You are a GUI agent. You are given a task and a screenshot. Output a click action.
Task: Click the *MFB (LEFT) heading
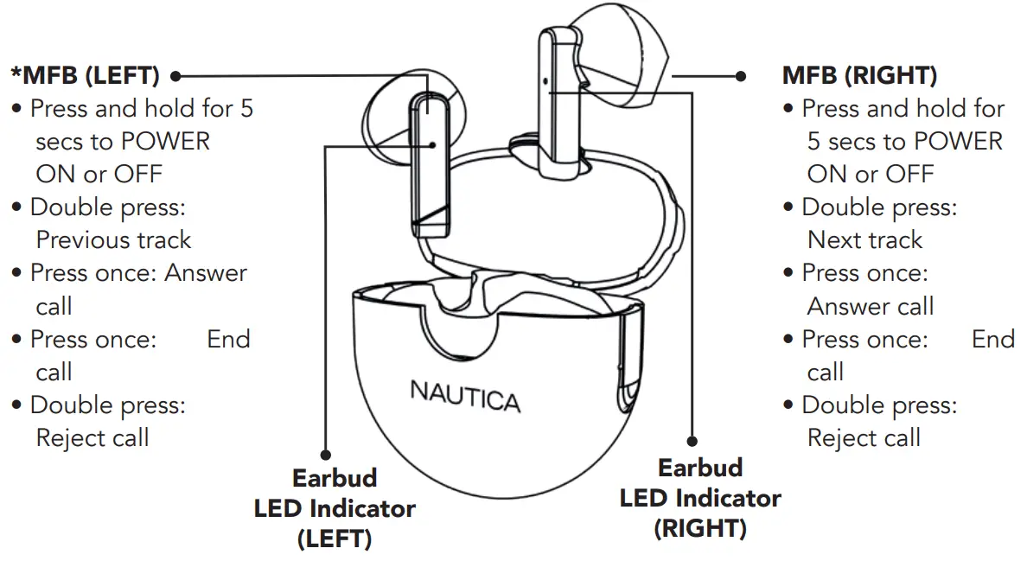coord(85,76)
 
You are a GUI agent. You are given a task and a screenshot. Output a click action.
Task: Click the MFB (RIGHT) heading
coord(859,76)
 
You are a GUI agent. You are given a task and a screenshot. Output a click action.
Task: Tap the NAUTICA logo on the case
coord(465,397)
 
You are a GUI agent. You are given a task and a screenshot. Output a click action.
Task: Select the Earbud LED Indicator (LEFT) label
coord(335,508)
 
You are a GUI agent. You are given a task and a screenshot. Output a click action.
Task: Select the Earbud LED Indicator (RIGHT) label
coord(700,497)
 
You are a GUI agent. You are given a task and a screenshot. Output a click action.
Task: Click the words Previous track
coord(113,239)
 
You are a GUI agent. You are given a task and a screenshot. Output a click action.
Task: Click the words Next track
coord(864,239)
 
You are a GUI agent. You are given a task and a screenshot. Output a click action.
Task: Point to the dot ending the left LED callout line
coord(326,454)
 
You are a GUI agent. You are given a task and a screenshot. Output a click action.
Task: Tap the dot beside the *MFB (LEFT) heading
coord(175,76)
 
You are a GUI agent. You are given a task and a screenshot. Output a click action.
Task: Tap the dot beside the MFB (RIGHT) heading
coord(741,76)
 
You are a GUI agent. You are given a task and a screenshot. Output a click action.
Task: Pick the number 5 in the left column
coord(246,109)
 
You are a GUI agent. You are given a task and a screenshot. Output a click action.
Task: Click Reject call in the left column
coord(92,437)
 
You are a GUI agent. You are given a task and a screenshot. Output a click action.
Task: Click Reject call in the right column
coord(864,437)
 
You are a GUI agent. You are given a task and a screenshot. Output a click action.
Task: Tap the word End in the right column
coord(992,339)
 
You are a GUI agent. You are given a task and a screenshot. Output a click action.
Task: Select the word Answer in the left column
coord(206,273)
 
